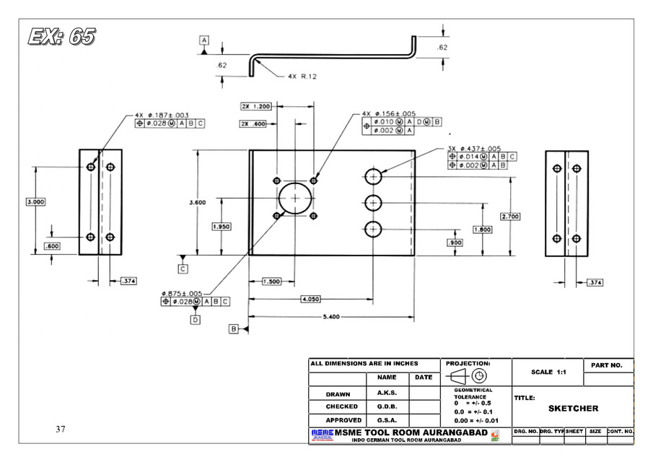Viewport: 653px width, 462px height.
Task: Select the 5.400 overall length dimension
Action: point(330,317)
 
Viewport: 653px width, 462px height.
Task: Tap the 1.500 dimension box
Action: point(271,281)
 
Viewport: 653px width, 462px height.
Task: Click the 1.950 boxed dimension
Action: point(222,227)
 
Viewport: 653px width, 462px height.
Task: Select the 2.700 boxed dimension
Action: point(510,217)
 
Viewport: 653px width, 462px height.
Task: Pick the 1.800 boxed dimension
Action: point(483,230)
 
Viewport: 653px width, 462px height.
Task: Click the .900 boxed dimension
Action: point(455,243)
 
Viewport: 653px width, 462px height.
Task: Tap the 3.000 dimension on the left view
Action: point(35,202)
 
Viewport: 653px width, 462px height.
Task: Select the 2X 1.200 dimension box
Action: point(256,106)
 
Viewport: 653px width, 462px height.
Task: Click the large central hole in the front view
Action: point(294,198)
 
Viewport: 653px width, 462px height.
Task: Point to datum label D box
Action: point(195,320)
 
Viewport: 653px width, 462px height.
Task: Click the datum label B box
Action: point(234,329)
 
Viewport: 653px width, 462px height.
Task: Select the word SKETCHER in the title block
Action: point(573,409)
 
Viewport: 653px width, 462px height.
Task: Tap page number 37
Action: point(61,430)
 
